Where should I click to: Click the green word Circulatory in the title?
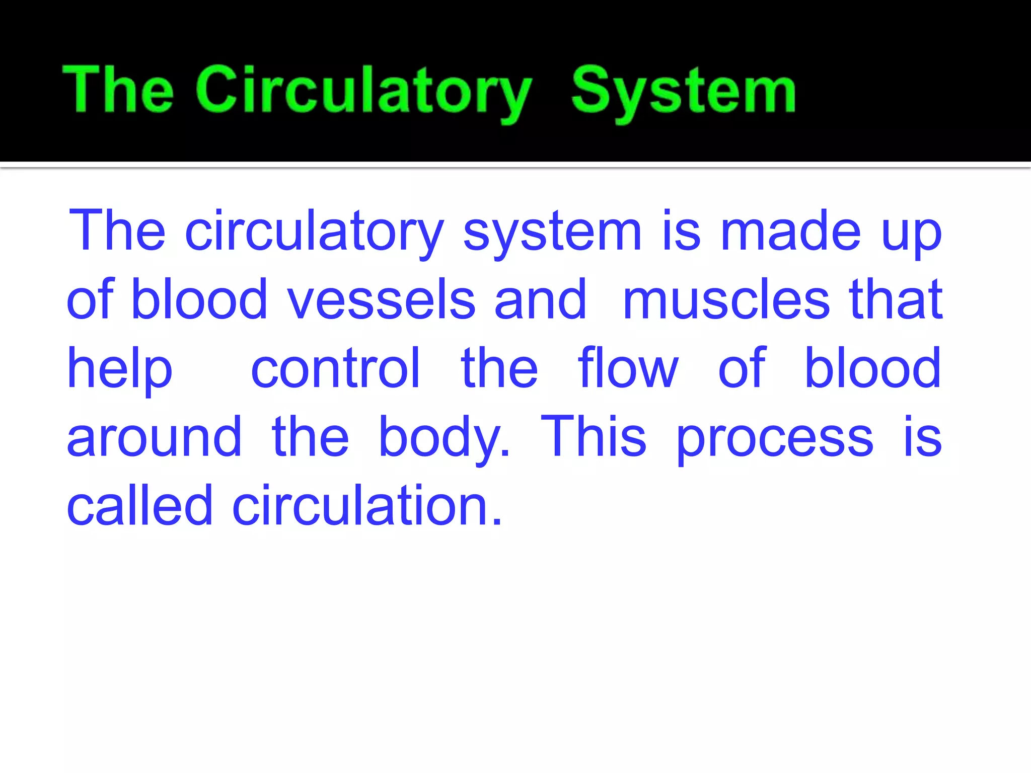pyautogui.click(x=363, y=91)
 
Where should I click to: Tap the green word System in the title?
pyautogui.click(x=683, y=91)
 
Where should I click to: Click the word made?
pyautogui.click(x=791, y=231)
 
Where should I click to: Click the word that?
pyautogui.click(x=896, y=300)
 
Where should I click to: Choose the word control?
pyautogui.click(x=335, y=368)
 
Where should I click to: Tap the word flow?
pyautogui.click(x=628, y=368)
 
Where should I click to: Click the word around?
pyautogui.click(x=154, y=438)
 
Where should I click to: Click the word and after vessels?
pyautogui.click(x=540, y=300)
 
